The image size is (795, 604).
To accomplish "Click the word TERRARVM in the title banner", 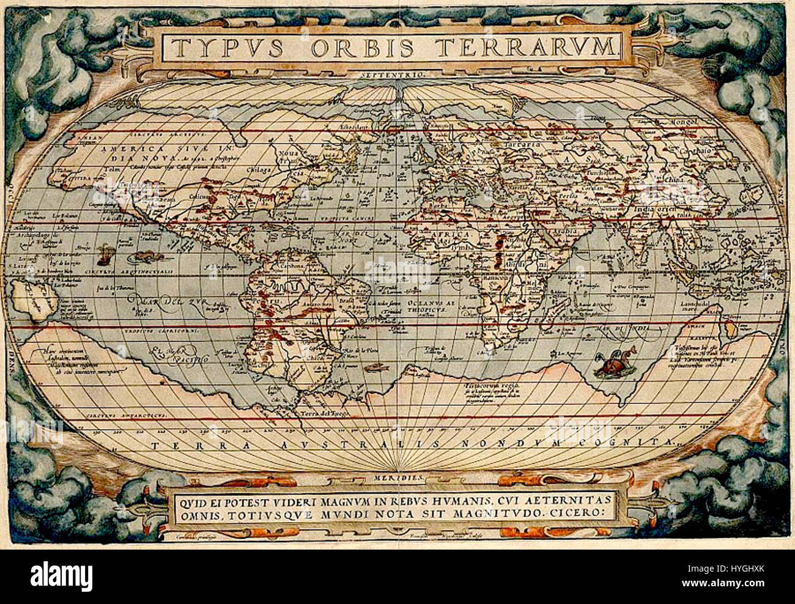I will [539, 46].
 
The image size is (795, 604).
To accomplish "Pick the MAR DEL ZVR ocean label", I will [150, 302].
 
